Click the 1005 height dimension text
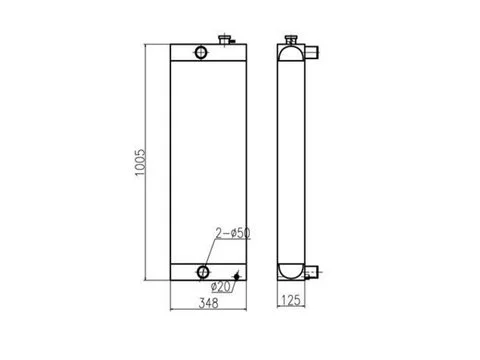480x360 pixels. coord(141,163)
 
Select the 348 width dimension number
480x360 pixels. coord(209,303)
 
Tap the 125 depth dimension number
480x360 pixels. coord(291,301)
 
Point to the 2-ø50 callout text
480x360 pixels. coord(233,233)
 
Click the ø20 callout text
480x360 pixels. coord(221,286)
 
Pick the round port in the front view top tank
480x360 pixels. coord(201,52)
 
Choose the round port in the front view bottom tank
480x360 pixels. coord(203,272)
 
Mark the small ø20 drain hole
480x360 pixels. coord(237,276)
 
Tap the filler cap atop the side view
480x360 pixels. coord(291,39)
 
